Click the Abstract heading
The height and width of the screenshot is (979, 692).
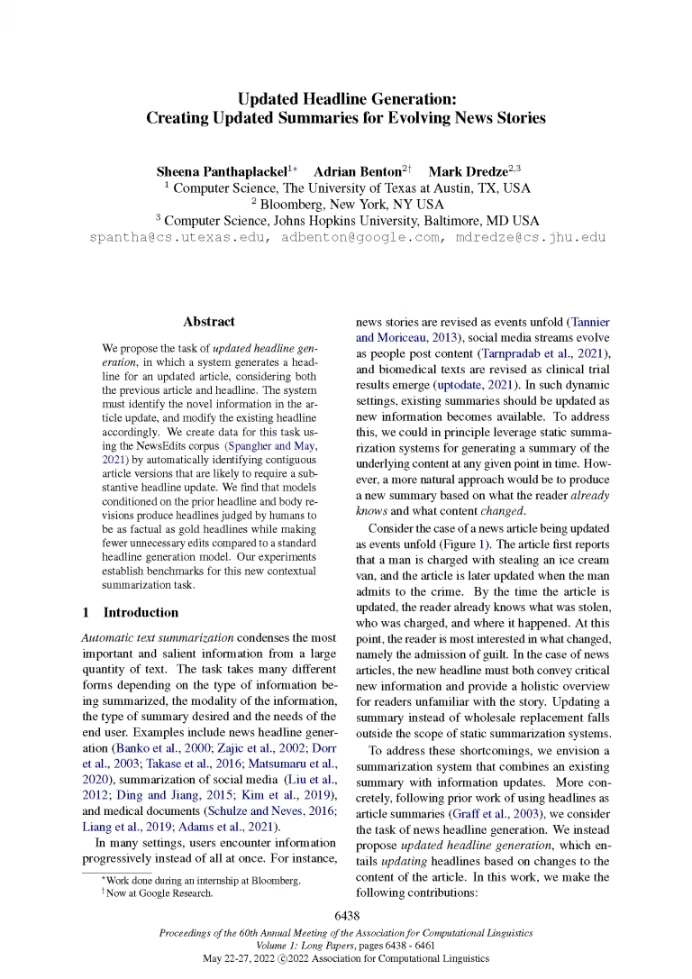tap(209, 321)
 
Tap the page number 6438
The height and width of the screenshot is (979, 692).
tap(347, 916)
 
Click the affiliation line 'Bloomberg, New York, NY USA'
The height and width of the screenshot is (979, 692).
tap(347, 205)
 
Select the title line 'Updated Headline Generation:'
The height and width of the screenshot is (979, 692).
tap(347, 98)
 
